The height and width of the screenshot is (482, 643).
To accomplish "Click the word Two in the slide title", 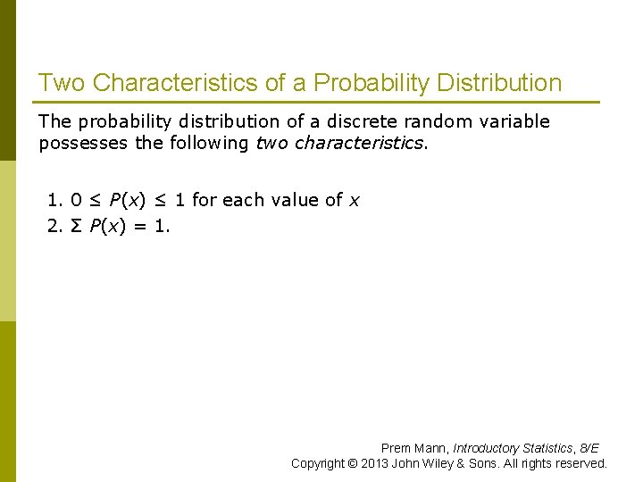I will [x=62, y=83].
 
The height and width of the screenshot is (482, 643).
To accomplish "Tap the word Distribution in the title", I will [x=499, y=83].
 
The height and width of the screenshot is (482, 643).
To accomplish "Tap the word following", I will [x=206, y=143].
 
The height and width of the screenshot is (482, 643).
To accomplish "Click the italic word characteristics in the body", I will [x=360, y=143].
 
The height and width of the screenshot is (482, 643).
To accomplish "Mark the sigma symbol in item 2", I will [x=75, y=226].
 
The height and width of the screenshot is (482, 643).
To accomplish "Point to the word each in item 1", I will [x=243, y=200].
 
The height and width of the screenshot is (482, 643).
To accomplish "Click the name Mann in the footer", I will [x=431, y=448].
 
